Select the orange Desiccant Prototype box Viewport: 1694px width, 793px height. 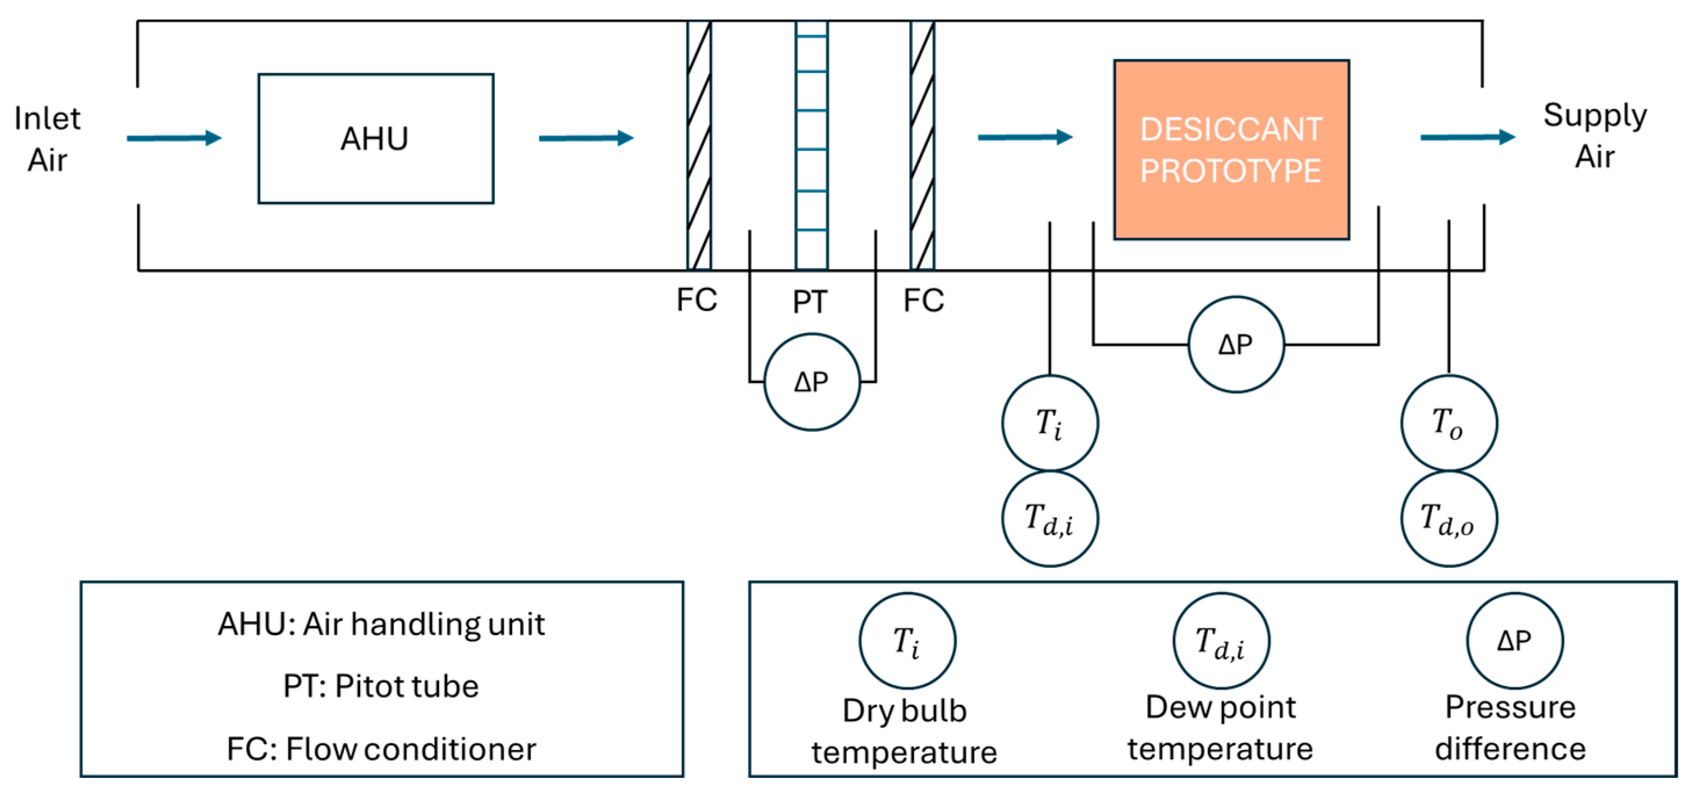coord(1232,150)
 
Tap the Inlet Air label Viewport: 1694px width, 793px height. coord(48,139)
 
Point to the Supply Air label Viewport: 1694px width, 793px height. coord(1595,136)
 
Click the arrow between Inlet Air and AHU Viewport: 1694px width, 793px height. coord(174,138)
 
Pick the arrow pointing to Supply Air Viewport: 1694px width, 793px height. coord(1468,138)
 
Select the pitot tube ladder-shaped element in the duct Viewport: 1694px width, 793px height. coord(812,145)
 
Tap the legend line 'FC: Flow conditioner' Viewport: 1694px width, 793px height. coord(381,749)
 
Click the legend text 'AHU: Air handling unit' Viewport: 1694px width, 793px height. coord(381,624)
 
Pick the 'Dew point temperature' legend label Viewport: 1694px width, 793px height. coord(1220,729)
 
